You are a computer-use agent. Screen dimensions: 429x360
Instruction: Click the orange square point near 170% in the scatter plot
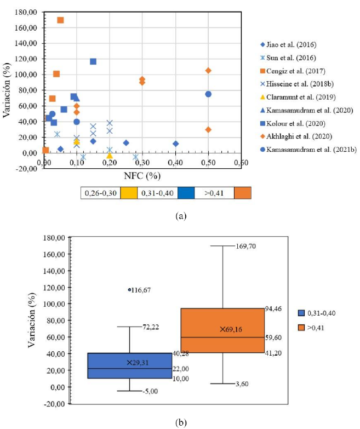(60, 20)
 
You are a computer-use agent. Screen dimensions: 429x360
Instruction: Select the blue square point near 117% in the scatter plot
(93, 61)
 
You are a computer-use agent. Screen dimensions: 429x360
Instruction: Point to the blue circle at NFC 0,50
(208, 94)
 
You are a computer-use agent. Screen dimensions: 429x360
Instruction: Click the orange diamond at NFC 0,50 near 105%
(208, 71)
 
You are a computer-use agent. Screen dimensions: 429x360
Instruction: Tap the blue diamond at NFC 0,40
(175, 144)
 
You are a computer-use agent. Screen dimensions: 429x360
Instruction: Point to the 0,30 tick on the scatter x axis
(142, 163)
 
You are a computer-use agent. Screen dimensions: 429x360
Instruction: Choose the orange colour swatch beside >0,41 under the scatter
(242, 193)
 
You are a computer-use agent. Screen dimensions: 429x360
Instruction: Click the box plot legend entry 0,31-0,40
(327, 313)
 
